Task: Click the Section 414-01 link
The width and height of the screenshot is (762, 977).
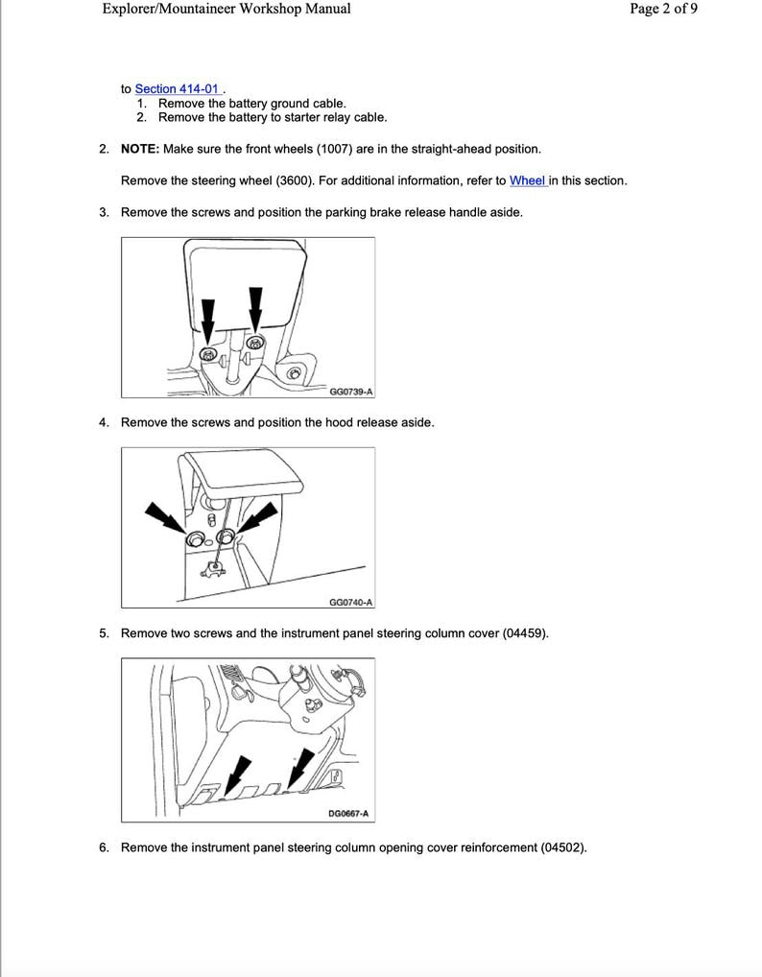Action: (170, 88)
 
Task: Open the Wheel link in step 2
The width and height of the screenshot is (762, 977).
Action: (527, 180)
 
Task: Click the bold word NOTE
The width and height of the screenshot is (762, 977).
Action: (140, 149)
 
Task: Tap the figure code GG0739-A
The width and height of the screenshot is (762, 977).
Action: (350, 392)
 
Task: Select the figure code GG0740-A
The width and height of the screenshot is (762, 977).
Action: (350, 602)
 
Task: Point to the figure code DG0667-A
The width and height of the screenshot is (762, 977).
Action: (348, 814)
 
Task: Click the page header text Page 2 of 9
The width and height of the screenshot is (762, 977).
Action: (663, 10)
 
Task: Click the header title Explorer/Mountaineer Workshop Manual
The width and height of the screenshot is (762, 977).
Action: (226, 10)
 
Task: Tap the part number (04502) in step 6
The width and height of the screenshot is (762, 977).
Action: (561, 847)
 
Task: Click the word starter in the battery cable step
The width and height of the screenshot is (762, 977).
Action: (305, 117)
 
